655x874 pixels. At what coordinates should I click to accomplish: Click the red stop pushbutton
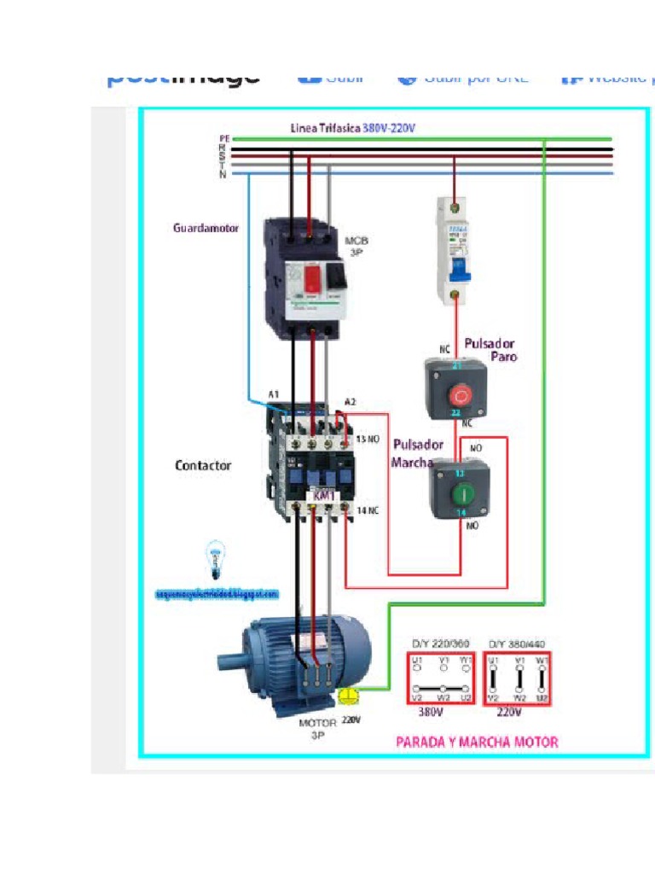pyautogui.click(x=460, y=395)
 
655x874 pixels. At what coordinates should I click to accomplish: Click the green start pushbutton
pyautogui.click(x=460, y=492)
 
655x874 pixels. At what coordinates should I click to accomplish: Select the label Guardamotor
pyautogui.click(x=206, y=228)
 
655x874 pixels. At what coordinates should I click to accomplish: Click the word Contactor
pyautogui.click(x=203, y=465)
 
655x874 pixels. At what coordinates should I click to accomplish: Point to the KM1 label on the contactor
pyautogui.click(x=323, y=496)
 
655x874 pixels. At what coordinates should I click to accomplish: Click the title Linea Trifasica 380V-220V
pyautogui.click(x=352, y=128)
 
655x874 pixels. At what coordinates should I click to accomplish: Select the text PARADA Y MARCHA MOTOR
pyautogui.click(x=477, y=742)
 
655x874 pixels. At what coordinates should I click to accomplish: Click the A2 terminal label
pyautogui.click(x=350, y=402)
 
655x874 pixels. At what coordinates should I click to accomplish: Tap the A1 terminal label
pyautogui.click(x=274, y=394)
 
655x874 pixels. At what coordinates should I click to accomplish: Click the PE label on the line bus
pyautogui.click(x=224, y=137)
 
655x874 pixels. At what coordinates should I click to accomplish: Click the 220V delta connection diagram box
pyautogui.click(x=517, y=678)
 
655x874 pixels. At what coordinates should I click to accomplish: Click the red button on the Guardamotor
pyautogui.click(x=314, y=277)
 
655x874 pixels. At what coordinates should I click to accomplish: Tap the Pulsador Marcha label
pyautogui.click(x=417, y=453)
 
